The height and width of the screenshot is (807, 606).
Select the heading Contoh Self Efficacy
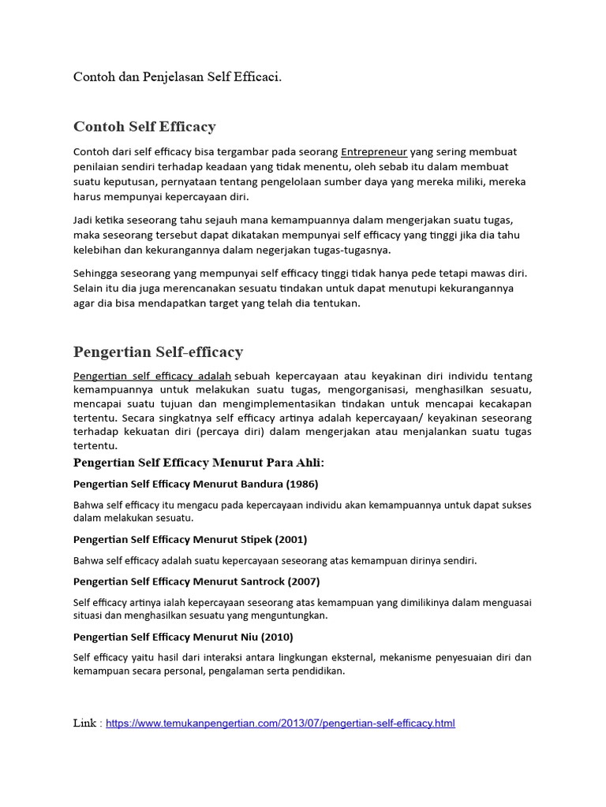tap(144, 127)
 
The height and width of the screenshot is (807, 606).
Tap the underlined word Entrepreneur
tap(374, 151)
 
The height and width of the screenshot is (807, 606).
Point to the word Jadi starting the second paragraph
tap(84, 220)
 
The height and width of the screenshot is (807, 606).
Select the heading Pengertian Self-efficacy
tap(158, 352)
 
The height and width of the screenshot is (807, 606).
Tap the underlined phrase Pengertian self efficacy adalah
tap(152, 376)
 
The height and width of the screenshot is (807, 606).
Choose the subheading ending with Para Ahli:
tap(199, 462)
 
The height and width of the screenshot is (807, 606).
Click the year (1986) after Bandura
tap(302, 484)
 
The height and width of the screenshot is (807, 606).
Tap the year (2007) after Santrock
tap(304, 582)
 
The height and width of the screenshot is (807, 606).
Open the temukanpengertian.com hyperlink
tap(280, 723)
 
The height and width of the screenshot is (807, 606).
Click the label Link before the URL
tap(84, 723)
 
